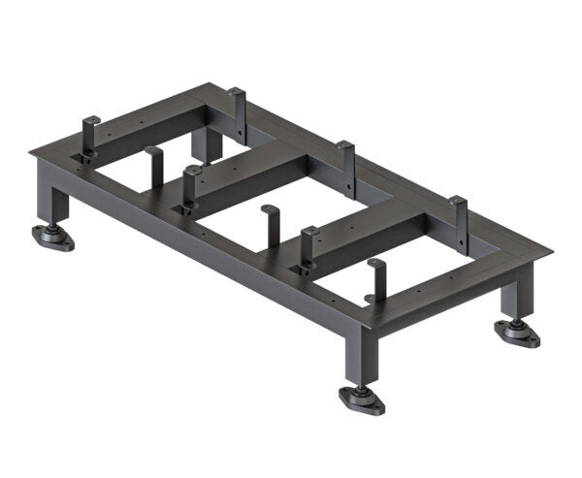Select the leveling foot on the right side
[516, 334]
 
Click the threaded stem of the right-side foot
[518, 317]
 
